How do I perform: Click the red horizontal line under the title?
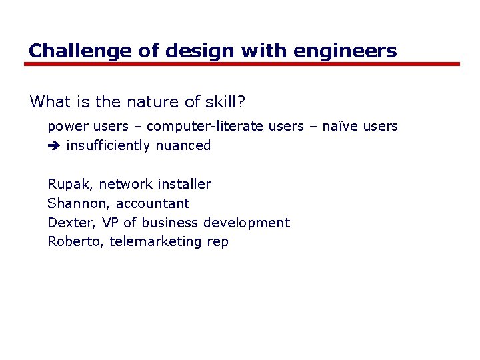(242, 64)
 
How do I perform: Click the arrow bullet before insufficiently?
(53, 146)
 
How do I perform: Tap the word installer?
(184, 184)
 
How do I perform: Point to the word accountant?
(153, 203)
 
